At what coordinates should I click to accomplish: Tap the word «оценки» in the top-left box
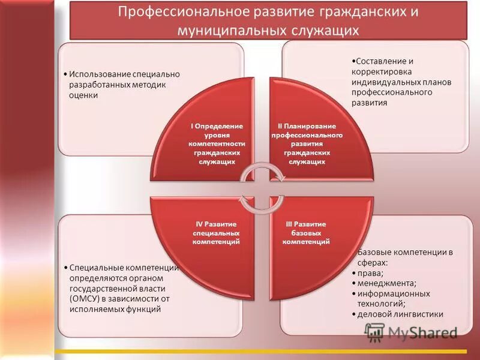click(x=83, y=95)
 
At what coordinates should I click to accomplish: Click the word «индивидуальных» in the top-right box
click(x=384, y=82)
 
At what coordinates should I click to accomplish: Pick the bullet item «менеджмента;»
click(x=387, y=283)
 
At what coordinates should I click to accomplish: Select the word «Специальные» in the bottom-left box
click(x=95, y=267)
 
